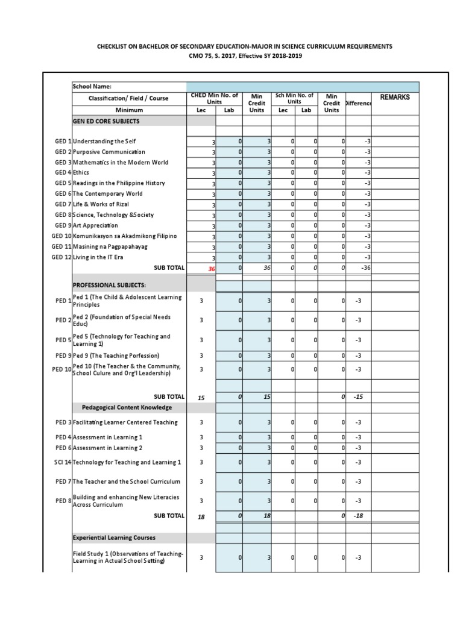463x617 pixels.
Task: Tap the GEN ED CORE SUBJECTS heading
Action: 106,121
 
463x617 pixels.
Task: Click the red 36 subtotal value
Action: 211,269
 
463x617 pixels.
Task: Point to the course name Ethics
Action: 81,173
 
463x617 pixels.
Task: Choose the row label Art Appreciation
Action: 96,225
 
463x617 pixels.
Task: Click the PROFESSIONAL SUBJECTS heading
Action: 109,284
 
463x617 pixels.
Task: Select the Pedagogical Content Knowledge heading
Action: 123,408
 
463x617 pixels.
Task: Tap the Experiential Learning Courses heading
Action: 114,537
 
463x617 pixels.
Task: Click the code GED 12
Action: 61,257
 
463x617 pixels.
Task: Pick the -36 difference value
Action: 365,268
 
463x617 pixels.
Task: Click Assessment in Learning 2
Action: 108,448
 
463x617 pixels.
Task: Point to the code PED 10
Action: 61,369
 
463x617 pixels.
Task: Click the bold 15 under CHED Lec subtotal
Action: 201,398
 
